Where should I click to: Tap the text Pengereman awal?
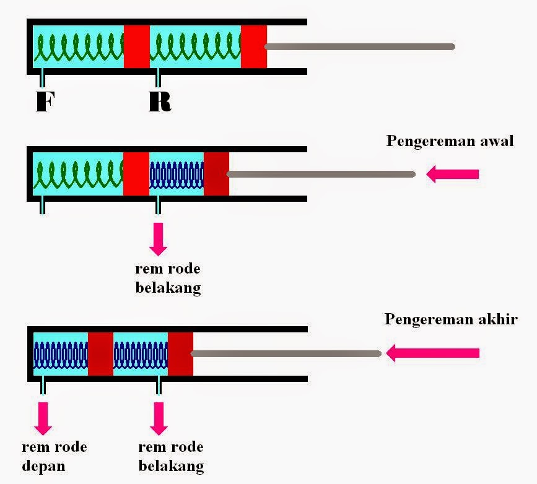point(450,140)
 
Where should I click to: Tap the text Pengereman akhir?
point(451,319)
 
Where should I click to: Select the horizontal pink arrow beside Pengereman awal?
point(453,175)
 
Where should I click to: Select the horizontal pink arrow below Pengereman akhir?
point(433,353)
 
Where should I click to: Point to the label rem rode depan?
point(55,456)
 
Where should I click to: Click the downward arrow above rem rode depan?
point(44,417)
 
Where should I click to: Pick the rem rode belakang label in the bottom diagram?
point(171,456)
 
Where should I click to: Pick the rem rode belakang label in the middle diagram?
point(168,279)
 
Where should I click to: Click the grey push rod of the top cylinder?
point(360,46)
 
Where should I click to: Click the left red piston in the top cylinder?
point(137,47)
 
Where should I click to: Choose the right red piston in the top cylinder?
point(254,47)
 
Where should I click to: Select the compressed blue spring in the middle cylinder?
point(177,175)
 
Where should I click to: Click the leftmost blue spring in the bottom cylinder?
point(61,353)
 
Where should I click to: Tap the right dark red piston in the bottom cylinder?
point(180,353)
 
